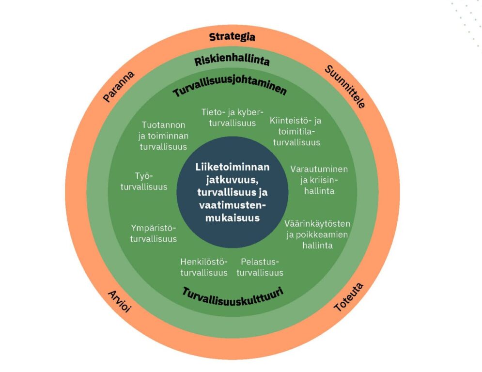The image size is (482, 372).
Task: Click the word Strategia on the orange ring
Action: tap(232, 37)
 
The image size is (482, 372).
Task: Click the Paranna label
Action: tap(119, 87)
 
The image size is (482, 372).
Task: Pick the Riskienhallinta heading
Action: tap(232, 62)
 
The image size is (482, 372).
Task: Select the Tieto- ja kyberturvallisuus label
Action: tap(233, 118)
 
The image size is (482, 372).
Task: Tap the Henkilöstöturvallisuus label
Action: tap(204, 267)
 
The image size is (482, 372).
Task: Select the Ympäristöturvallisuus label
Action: tap(154, 233)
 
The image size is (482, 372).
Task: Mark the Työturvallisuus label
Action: tap(144, 181)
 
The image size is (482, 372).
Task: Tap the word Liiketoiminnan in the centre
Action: tap(233, 167)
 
